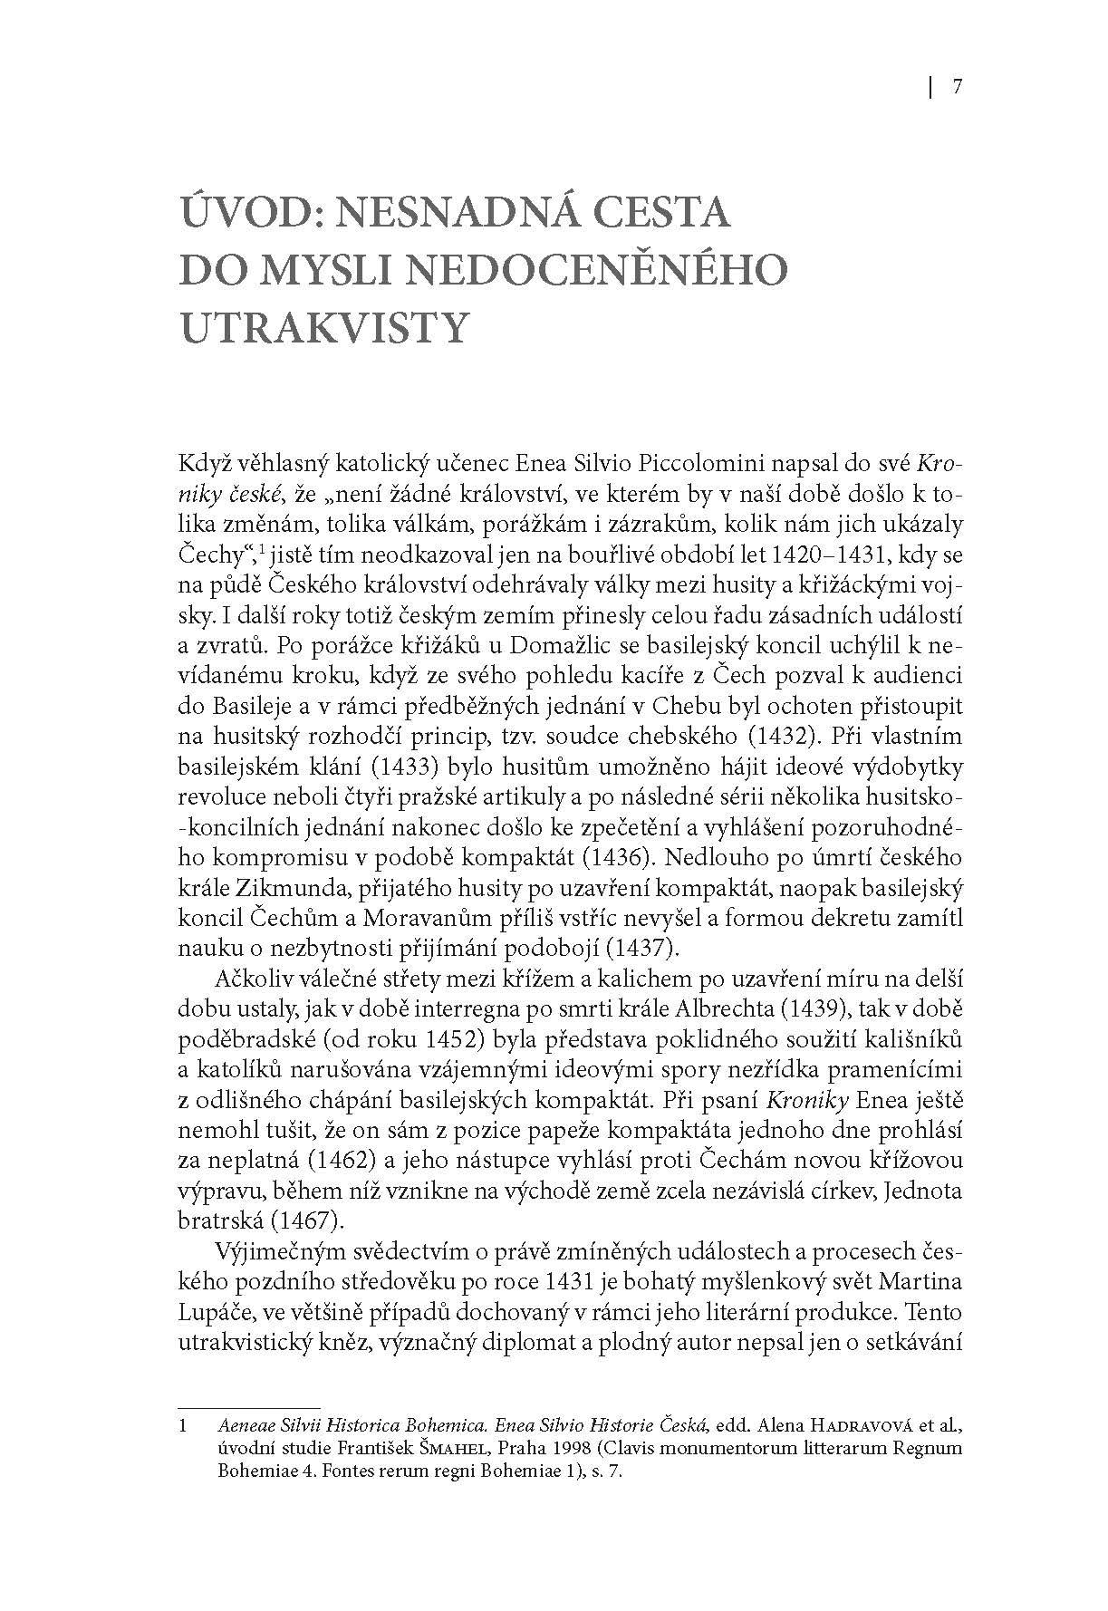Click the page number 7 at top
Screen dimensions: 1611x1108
coord(957,87)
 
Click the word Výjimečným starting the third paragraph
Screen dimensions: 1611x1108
coord(277,1252)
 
